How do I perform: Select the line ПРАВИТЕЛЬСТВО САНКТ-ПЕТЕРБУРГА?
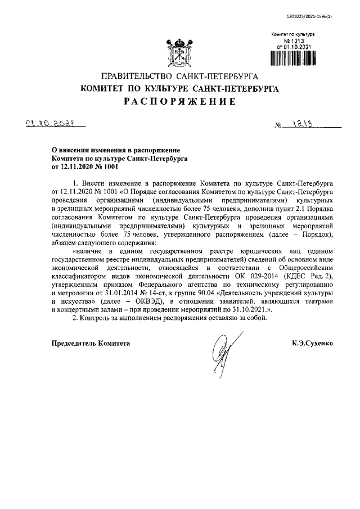point(179,76)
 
